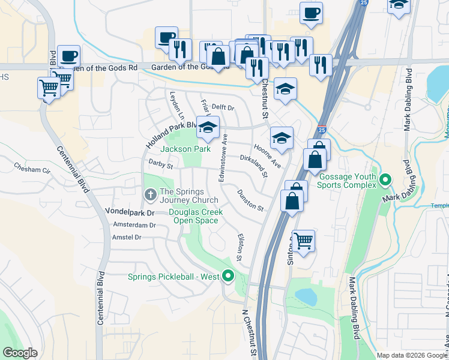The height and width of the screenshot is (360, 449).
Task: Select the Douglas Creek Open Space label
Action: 195,216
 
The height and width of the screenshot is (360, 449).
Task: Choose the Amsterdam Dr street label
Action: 134,226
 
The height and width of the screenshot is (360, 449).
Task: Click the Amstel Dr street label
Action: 126,238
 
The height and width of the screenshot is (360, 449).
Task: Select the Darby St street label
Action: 160,164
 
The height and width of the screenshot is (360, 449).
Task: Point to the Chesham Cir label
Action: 32,169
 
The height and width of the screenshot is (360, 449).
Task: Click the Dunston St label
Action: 250,200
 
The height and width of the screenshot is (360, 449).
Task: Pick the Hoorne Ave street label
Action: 267,155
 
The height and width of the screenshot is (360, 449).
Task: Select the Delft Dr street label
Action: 222,107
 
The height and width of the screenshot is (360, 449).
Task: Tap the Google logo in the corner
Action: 20,353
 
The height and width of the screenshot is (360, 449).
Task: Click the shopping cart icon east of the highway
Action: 304,241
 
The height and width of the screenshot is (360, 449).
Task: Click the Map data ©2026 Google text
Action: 412,355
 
